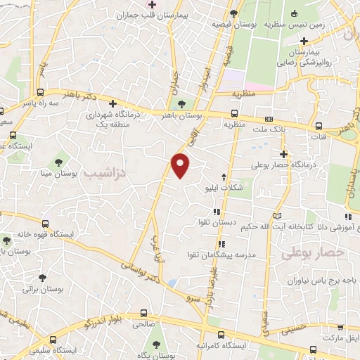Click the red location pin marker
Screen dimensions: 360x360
point(181,165)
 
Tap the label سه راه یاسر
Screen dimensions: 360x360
point(37,103)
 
